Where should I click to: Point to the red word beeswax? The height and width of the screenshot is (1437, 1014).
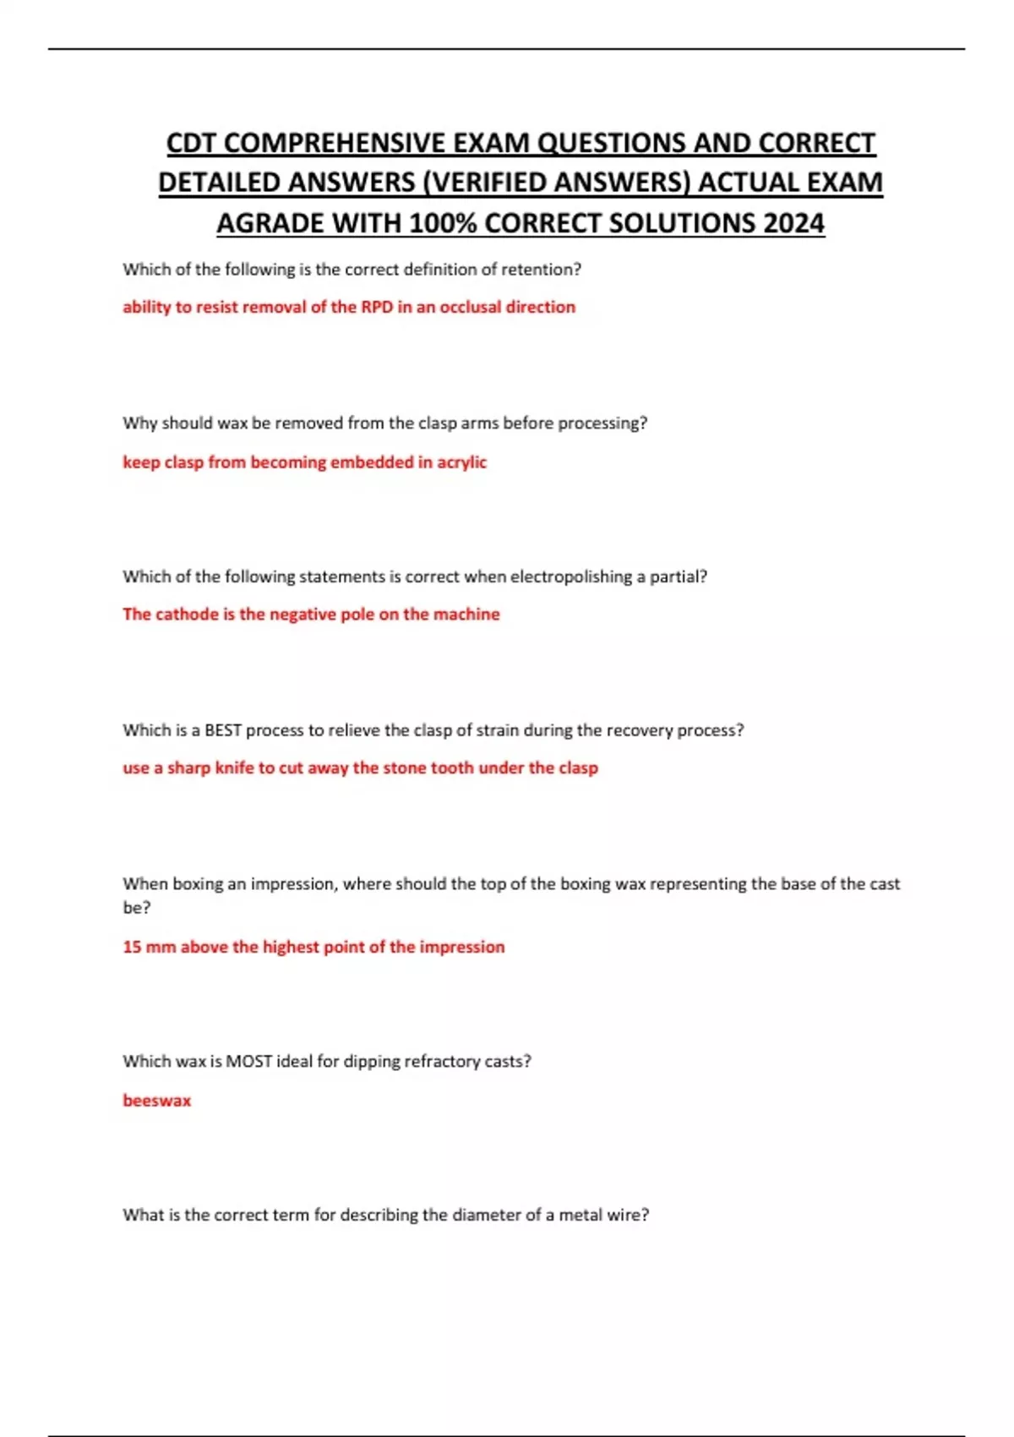[x=157, y=1101]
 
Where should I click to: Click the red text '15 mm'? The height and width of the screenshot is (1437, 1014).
[x=149, y=947]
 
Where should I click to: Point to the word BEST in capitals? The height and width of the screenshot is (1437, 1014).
[x=223, y=730]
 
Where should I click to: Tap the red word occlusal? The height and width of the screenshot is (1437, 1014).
[x=470, y=307]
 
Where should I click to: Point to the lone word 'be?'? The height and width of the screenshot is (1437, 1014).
[x=136, y=908]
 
